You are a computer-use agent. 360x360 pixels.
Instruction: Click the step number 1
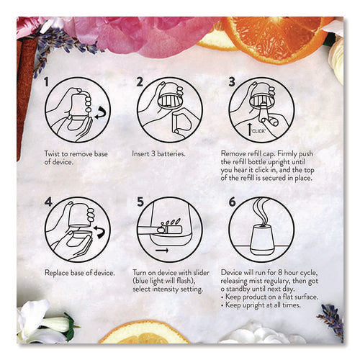(47, 81)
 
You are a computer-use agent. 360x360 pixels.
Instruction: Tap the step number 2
(140, 81)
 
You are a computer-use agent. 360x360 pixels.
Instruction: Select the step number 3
(232, 81)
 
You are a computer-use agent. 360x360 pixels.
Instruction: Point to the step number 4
(48, 202)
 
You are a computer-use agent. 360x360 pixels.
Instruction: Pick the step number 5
(140, 202)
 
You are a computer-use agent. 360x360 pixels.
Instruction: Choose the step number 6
(233, 202)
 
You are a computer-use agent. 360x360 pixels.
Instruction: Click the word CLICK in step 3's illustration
(258, 131)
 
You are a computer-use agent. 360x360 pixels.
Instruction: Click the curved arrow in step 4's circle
(100, 232)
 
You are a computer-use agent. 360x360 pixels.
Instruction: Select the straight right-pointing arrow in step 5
(162, 251)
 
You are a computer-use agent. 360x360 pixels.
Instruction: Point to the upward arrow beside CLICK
(250, 129)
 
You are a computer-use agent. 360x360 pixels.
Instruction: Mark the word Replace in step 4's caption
(57, 273)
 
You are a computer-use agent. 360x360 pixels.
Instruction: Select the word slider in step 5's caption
(201, 273)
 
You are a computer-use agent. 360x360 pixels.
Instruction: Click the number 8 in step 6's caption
(280, 273)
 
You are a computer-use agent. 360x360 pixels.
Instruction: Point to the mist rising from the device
(261, 211)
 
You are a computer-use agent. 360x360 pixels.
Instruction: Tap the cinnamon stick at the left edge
(24, 96)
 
